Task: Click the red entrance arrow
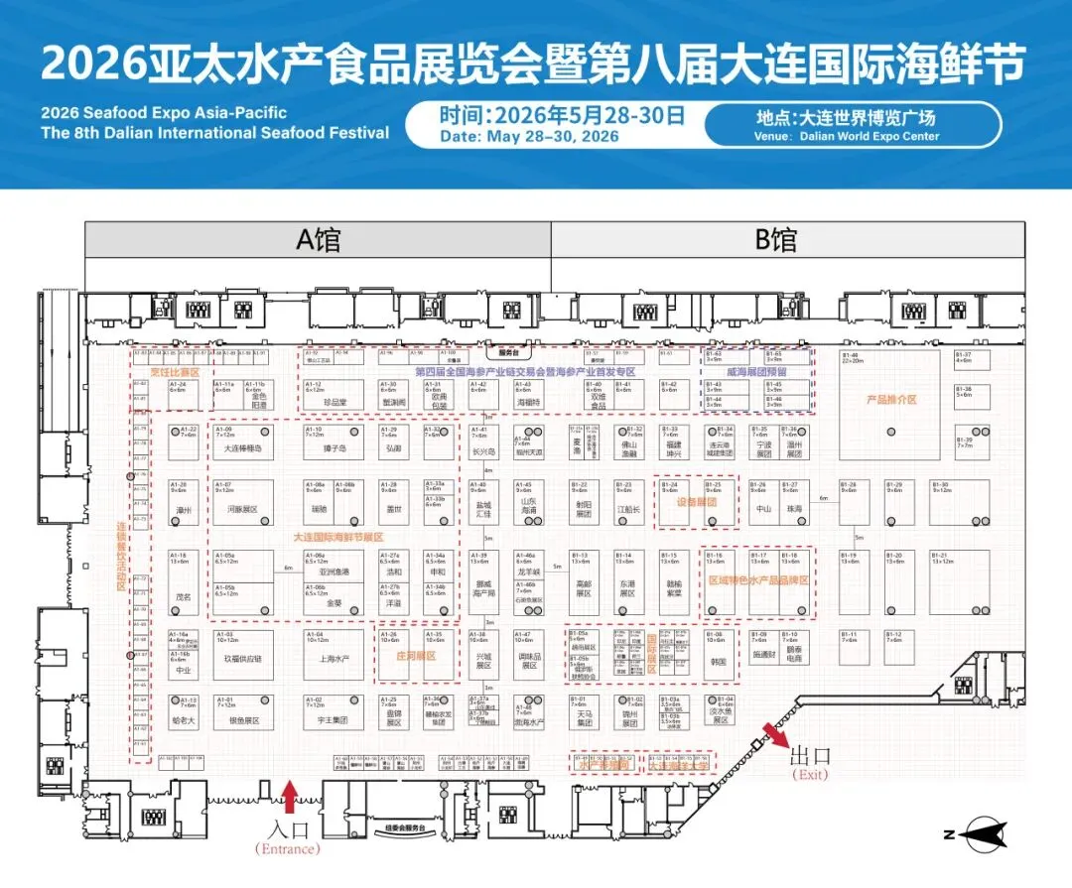[290, 797]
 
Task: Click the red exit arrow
[775, 737]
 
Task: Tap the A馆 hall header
[318, 239]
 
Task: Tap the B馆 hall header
[775, 239]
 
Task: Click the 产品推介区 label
[890, 400]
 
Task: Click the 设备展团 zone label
[697, 502]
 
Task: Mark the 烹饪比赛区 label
[175, 372]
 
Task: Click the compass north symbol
[978, 835]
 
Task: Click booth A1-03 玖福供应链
[243, 656]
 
